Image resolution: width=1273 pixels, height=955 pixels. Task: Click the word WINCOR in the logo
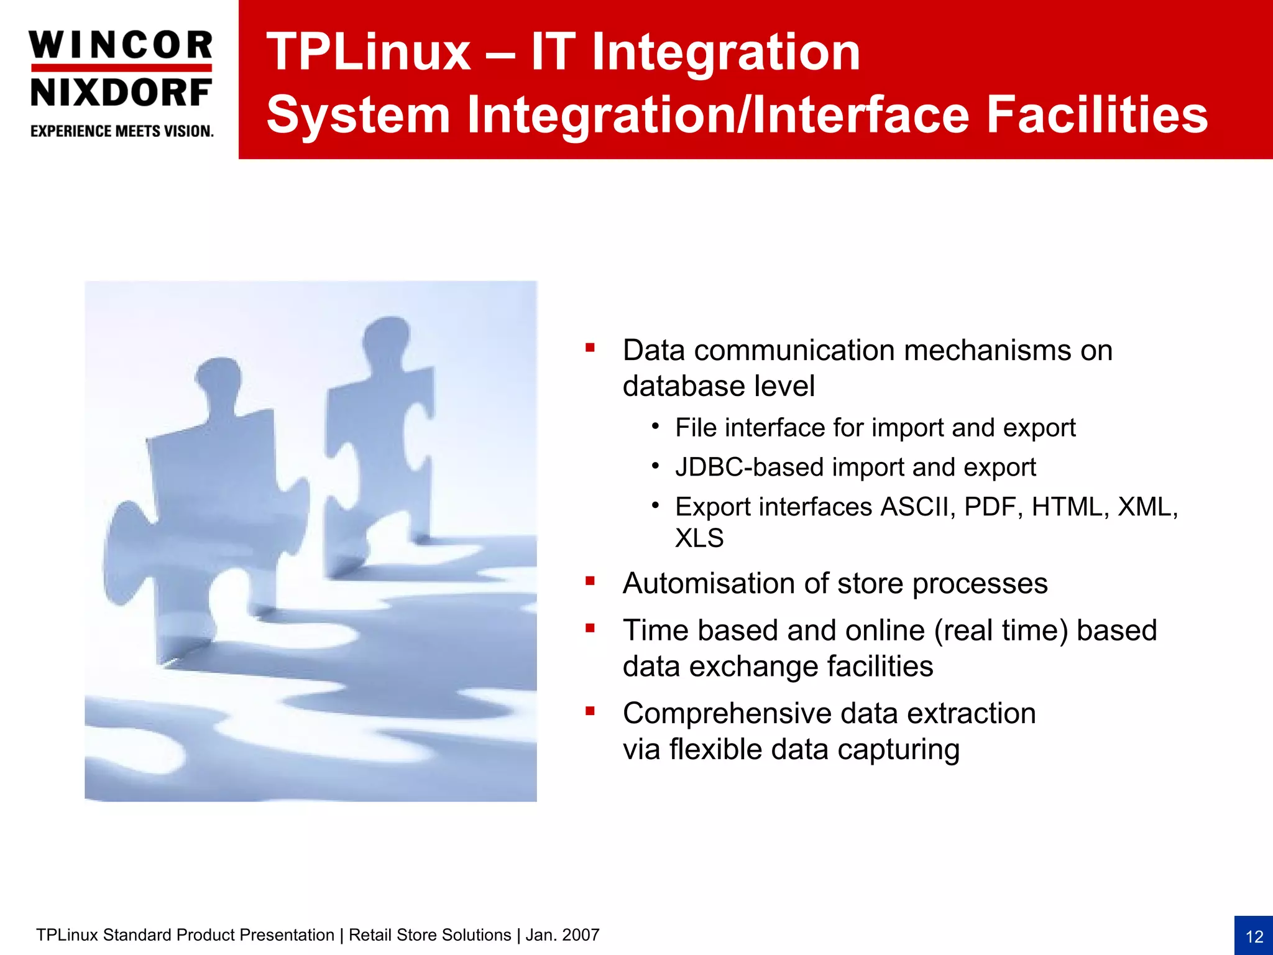[121, 45]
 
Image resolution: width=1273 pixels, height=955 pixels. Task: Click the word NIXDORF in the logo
[121, 93]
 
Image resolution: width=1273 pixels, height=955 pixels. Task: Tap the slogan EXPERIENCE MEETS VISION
[122, 131]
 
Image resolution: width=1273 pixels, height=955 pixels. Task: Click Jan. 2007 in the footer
[563, 935]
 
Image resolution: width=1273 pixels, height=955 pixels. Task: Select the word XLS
[699, 538]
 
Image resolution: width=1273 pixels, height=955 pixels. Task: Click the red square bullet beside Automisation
[590, 581]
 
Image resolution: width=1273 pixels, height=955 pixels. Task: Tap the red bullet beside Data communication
[590, 348]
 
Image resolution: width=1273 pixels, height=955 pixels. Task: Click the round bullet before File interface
[655, 427]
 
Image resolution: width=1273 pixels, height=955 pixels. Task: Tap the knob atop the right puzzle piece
[387, 336]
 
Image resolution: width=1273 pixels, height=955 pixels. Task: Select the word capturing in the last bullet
[898, 749]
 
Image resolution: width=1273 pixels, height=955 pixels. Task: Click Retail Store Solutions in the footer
[430, 935]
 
